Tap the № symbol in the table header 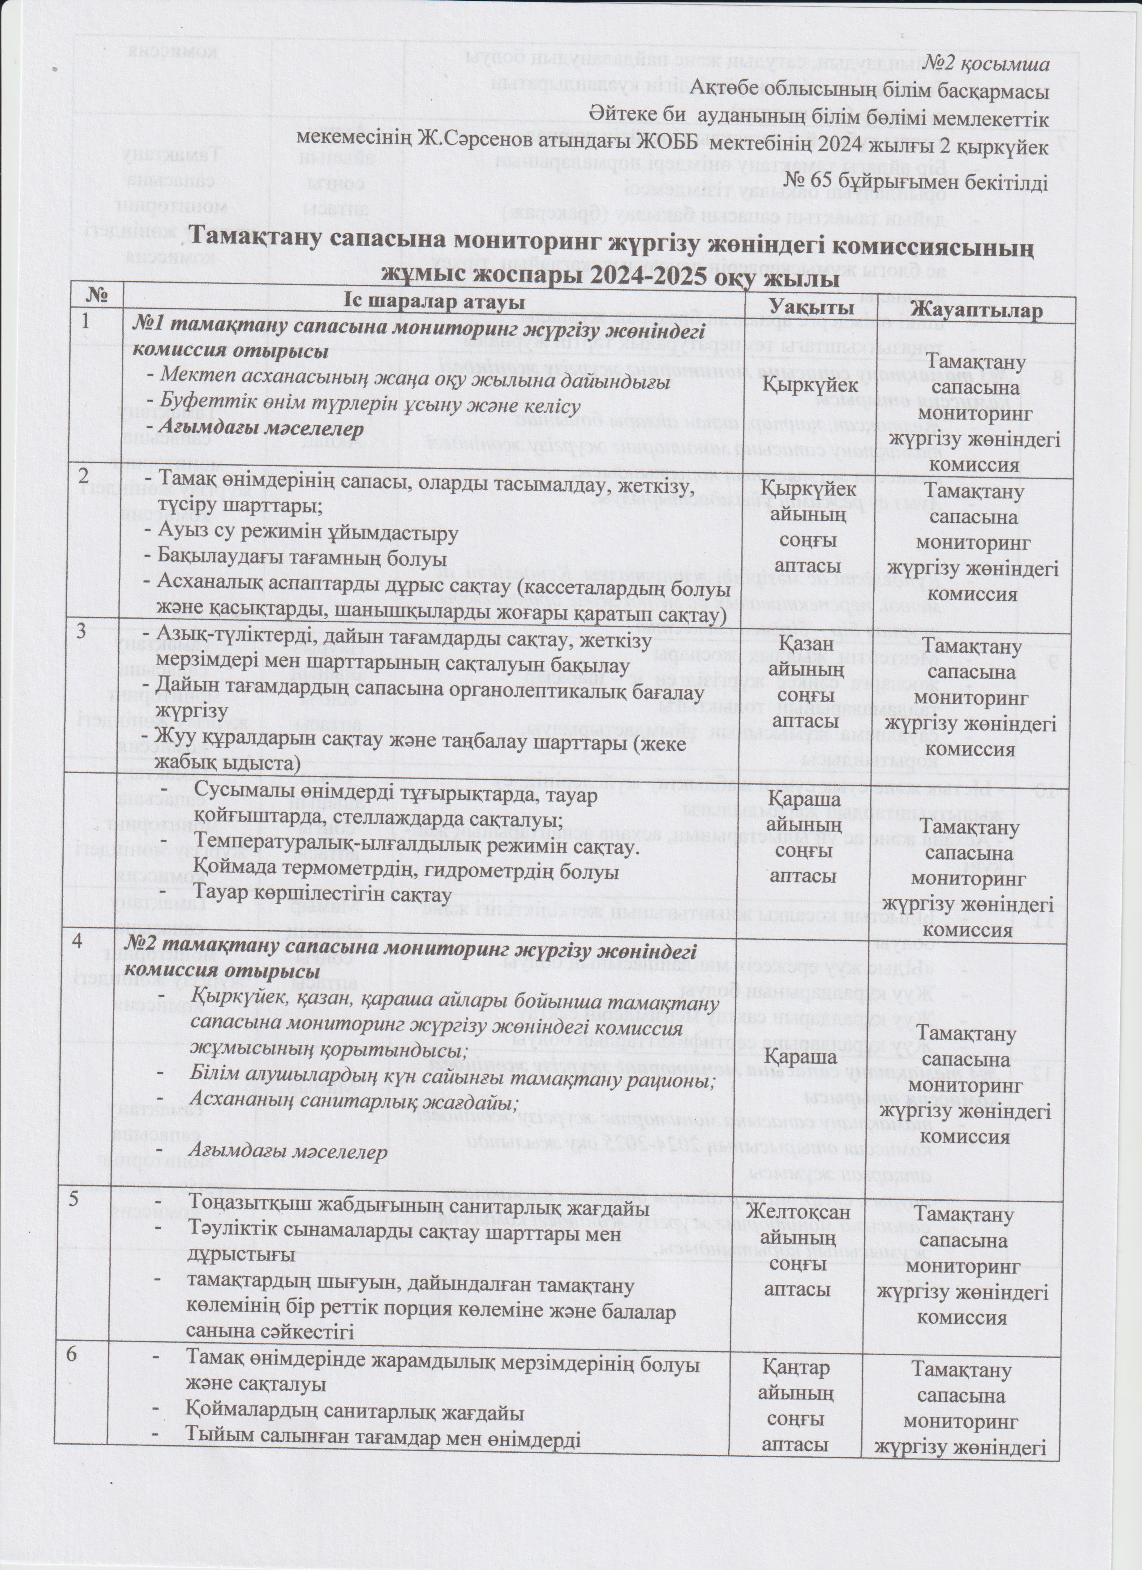[95, 296]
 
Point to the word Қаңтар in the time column [796, 1349]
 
